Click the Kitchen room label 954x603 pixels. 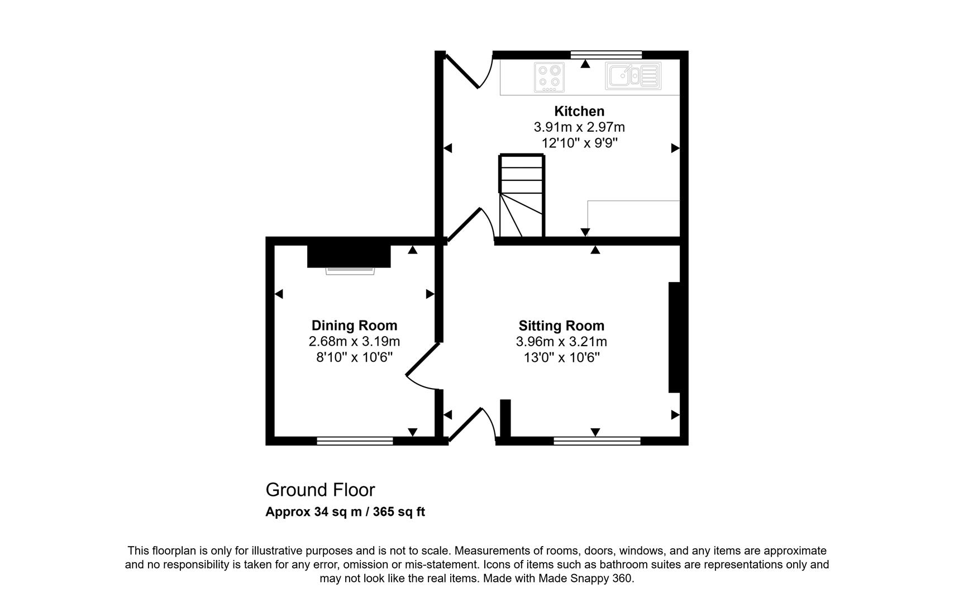(x=579, y=111)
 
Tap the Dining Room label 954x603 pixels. (x=354, y=326)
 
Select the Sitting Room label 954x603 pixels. (x=561, y=326)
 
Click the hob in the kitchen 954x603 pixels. (x=550, y=77)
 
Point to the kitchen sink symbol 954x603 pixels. (x=633, y=76)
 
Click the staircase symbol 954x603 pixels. (x=522, y=195)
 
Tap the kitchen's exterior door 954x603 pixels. (x=469, y=71)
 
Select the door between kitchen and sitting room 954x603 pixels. (x=471, y=225)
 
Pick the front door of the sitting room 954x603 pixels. (x=472, y=424)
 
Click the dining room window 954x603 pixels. (x=355, y=441)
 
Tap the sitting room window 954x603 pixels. (x=597, y=441)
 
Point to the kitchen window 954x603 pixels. (x=606, y=55)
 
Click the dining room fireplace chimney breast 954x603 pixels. (x=349, y=256)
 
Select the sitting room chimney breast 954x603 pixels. (x=674, y=337)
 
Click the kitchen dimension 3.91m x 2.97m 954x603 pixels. (x=579, y=127)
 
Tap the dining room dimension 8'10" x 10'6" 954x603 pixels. (x=354, y=357)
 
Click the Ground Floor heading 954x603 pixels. (x=320, y=490)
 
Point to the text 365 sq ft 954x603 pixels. (x=399, y=512)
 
